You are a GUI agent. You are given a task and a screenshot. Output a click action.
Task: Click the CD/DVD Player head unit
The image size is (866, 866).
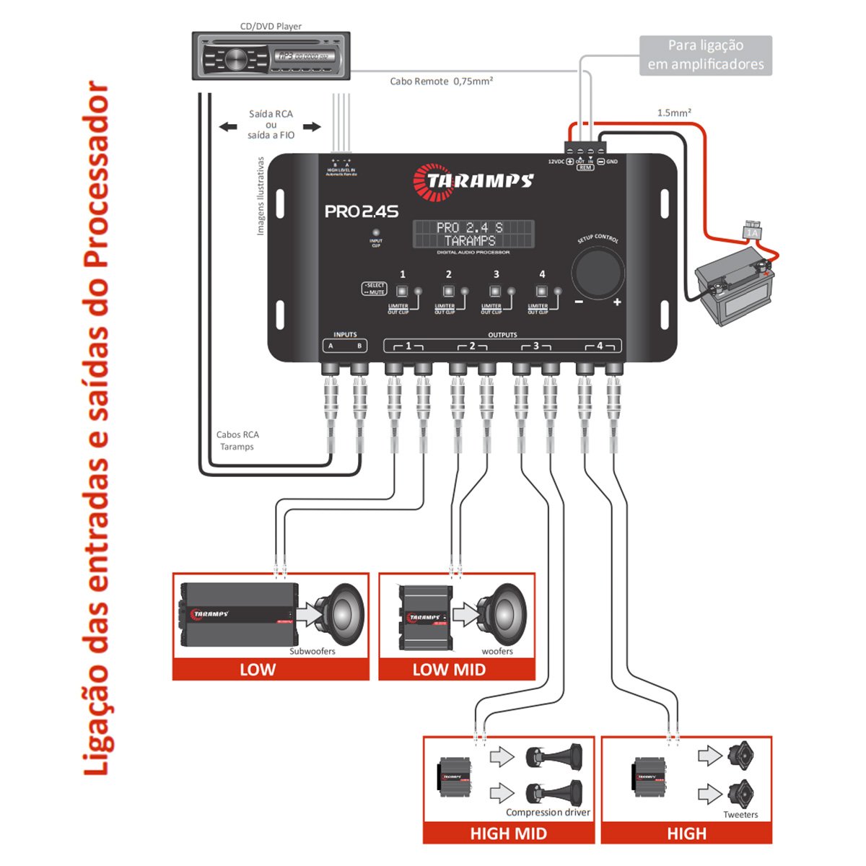[271, 56]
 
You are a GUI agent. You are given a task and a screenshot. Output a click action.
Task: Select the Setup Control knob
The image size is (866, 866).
[597, 272]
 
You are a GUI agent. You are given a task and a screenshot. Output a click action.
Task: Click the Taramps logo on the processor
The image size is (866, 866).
[473, 181]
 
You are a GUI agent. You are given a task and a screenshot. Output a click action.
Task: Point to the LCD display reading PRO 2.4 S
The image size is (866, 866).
[473, 234]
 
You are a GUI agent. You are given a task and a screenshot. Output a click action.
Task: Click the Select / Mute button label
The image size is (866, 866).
[375, 289]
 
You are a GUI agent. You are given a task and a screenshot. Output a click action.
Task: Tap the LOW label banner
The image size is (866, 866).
[258, 670]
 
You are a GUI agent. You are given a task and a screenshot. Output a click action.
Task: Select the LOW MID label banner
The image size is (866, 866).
[449, 670]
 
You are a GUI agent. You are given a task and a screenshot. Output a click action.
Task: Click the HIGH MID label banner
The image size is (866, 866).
[508, 834]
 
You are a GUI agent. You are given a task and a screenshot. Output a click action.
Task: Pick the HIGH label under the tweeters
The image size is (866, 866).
[686, 834]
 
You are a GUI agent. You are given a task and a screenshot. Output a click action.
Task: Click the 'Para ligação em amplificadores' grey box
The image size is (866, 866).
[705, 55]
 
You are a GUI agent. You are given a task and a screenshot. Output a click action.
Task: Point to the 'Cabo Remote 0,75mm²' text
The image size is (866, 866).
[441, 82]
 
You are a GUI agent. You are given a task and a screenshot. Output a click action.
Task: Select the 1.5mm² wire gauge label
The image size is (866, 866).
[674, 113]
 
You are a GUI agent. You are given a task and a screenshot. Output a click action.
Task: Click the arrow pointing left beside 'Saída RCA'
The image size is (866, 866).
[228, 127]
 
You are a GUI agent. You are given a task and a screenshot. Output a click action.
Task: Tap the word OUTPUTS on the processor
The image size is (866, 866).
[502, 335]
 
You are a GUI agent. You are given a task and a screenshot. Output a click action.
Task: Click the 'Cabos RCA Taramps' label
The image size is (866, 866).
[237, 440]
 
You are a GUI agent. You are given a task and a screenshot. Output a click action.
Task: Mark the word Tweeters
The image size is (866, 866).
[740, 815]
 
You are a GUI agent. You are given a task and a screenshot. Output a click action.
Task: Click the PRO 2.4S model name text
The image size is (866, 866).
[361, 211]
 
